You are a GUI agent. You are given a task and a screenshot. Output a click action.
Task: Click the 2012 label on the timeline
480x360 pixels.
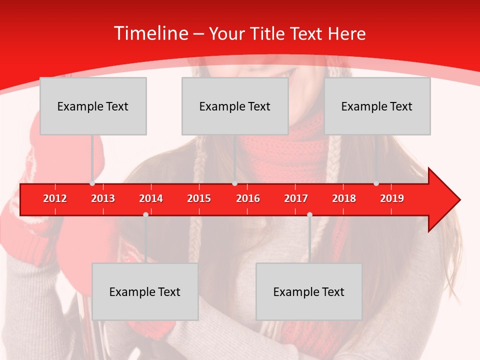pyautogui.click(x=55, y=198)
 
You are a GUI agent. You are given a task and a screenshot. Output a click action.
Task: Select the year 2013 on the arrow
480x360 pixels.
pyautogui.click(x=103, y=198)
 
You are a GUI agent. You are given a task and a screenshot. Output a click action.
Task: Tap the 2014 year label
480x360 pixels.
pyautogui.click(x=151, y=198)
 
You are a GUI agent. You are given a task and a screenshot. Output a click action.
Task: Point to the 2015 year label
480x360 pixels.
pyautogui.click(x=199, y=198)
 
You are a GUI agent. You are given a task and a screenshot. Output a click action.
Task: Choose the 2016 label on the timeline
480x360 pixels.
pyautogui.click(x=248, y=198)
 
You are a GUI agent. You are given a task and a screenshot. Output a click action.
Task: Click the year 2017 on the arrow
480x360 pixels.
pyautogui.click(x=296, y=198)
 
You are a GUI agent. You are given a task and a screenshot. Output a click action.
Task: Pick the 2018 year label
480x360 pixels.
pyautogui.click(x=344, y=198)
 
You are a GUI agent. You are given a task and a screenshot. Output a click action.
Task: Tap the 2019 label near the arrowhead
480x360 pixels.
pyautogui.click(x=392, y=198)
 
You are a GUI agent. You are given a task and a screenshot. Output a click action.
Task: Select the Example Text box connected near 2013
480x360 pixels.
pyautogui.click(x=93, y=106)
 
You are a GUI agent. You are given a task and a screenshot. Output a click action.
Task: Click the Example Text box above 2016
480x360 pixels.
pyautogui.click(x=235, y=106)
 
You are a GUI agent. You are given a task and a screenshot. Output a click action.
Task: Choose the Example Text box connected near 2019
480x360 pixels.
pyautogui.click(x=377, y=106)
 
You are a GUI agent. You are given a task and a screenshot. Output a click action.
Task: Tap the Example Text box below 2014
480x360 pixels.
pyautogui.click(x=145, y=291)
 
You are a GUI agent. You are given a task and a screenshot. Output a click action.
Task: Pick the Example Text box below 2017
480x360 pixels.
pyautogui.click(x=309, y=291)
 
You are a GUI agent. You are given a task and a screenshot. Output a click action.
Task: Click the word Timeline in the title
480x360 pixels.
pyautogui.click(x=150, y=33)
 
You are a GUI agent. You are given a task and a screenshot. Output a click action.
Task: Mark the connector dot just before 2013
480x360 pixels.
pyautogui.click(x=92, y=183)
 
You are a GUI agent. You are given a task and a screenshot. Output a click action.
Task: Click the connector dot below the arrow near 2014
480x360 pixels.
pyautogui.click(x=145, y=214)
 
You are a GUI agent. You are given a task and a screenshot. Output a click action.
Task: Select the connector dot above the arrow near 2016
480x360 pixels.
pyautogui.click(x=234, y=183)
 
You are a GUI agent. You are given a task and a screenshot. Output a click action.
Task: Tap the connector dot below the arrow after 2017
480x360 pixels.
pyautogui.click(x=309, y=214)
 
